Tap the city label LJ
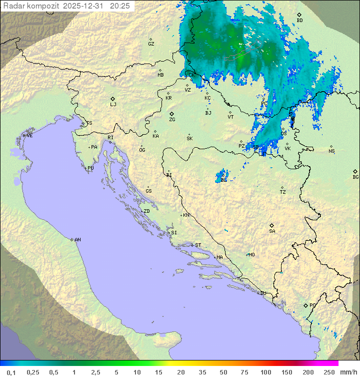point(113,104)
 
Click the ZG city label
point(172,120)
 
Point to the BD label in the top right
point(299,21)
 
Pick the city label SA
point(272,231)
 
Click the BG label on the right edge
point(355,177)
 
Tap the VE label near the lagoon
point(29,136)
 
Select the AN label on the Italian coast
point(77,240)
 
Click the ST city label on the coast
point(198,245)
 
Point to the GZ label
point(151,44)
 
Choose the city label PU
point(90,168)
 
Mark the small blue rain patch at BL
point(221,177)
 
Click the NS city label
point(331,151)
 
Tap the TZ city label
point(283,192)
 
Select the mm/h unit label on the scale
point(348,372)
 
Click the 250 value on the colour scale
point(329,372)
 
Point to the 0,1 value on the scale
point(11,372)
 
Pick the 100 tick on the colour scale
point(265,372)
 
